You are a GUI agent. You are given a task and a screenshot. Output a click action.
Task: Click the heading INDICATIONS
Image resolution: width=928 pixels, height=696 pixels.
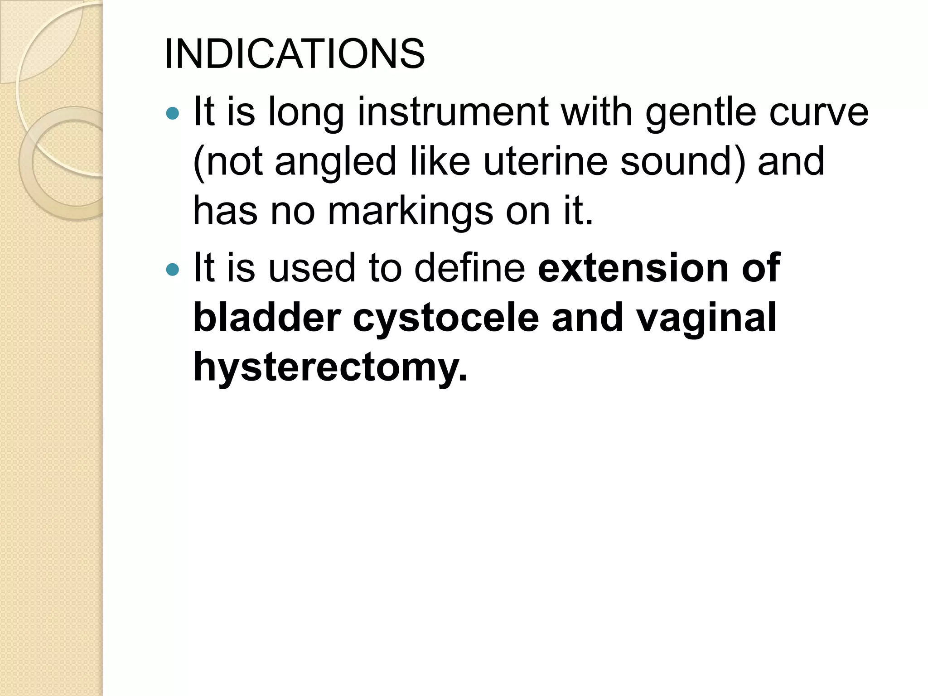click(295, 54)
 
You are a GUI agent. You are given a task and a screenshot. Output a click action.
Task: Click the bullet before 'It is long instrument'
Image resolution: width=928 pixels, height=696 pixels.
click(173, 113)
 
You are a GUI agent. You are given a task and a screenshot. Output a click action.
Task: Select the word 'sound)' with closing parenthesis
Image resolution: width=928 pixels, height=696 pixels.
click(682, 161)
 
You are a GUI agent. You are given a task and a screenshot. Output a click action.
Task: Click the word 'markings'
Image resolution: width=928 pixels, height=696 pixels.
click(410, 212)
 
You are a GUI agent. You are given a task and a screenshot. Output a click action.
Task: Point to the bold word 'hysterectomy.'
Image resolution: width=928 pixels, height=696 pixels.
click(330, 368)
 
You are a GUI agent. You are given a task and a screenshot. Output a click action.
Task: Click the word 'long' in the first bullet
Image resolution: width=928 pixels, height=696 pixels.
click(306, 113)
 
